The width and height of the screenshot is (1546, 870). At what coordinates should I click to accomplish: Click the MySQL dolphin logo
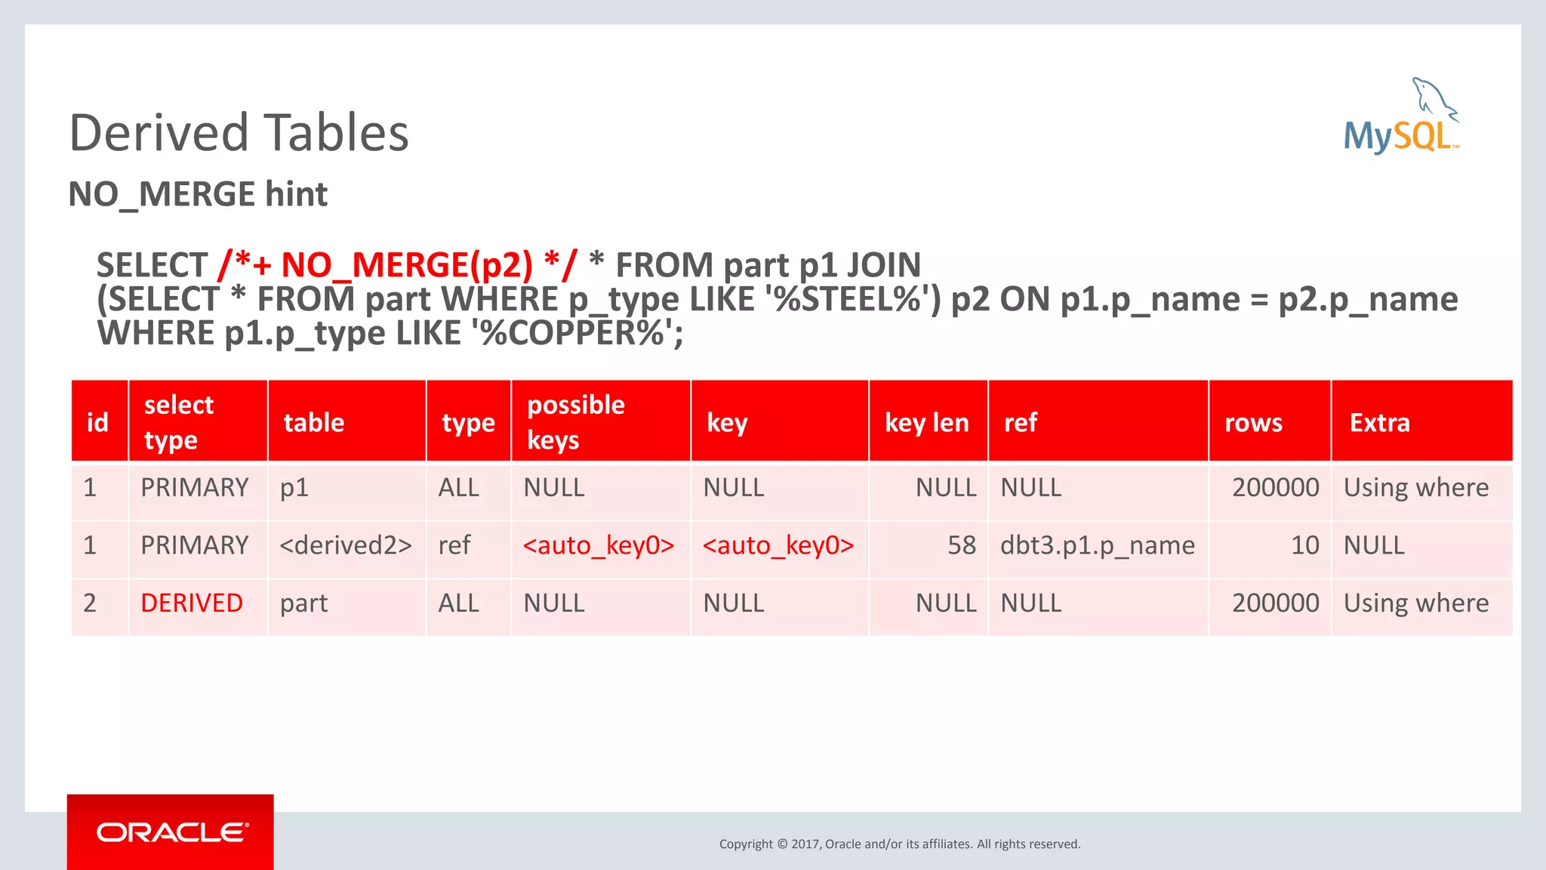(x=1401, y=117)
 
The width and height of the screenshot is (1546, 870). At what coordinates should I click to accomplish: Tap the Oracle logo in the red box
(x=172, y=832)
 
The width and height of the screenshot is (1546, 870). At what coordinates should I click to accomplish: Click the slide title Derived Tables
(x=239, y=133)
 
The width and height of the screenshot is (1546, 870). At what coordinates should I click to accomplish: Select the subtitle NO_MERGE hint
(x=198, y=195)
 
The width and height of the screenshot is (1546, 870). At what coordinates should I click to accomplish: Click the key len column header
(x=926, y=423)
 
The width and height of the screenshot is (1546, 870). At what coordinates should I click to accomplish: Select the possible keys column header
(x=575, y=422)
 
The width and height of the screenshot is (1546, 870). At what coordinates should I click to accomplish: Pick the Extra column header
(x=1379, y=423)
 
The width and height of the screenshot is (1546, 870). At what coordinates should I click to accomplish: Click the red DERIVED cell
(x=192, y=603)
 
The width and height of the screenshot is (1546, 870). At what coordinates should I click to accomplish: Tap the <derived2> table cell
(x=346, y=545)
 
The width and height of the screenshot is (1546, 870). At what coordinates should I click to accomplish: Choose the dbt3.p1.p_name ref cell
(x=1097, y=545)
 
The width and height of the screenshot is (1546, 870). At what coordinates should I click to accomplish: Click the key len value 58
(x=962, y=545)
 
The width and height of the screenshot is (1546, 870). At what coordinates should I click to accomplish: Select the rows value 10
(x=1304, y=545)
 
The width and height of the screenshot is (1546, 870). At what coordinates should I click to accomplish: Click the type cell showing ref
(x=454, y=545)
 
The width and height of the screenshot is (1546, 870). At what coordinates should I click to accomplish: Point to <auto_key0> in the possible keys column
(x=598, y=545)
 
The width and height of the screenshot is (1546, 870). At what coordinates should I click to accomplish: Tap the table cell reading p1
(x=294, y=488)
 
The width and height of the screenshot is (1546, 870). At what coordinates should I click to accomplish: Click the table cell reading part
(x=303, y=603)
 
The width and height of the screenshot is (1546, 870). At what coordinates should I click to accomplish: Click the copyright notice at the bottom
(x=899, y=844)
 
